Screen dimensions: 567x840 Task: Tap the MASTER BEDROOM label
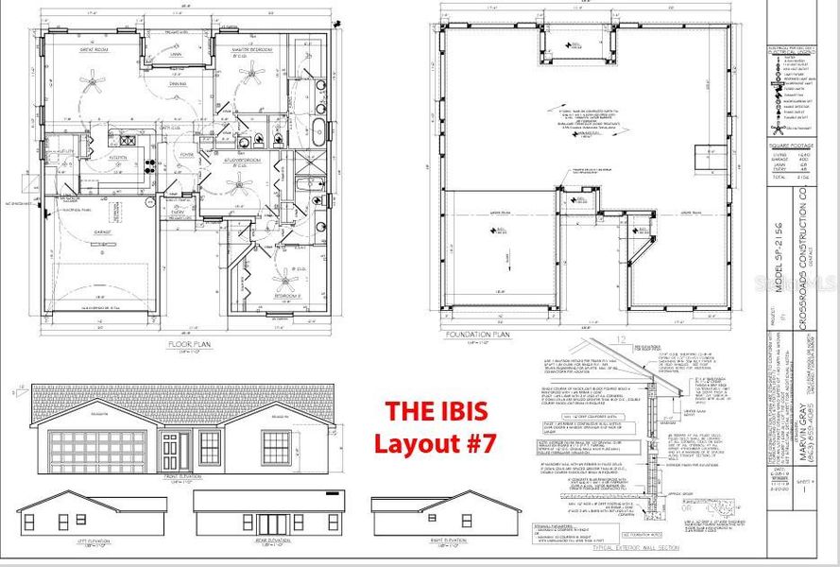click(x=253, y=48)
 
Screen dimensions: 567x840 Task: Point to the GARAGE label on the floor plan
click(x=101, y=231)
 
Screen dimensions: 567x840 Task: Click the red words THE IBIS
click(x=435, y=412)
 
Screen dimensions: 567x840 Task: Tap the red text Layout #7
click(x=436, y=442)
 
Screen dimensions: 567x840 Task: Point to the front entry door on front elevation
click(x=170, y=450)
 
